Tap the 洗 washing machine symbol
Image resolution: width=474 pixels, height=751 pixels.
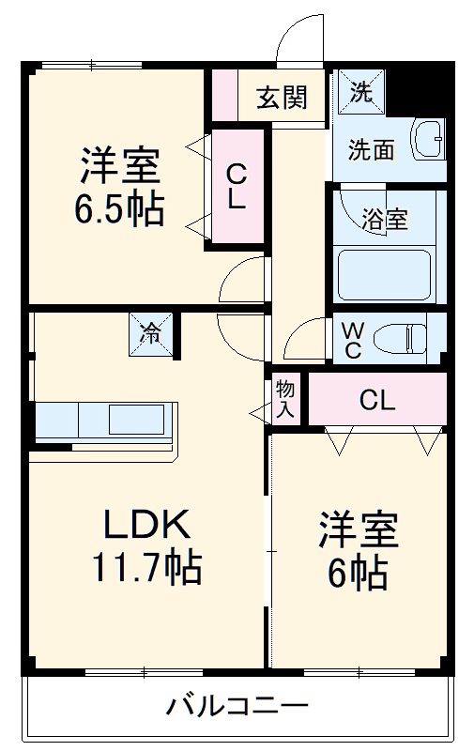[x=359, y=90]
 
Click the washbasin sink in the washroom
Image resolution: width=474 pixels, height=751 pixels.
[x=431, y=140]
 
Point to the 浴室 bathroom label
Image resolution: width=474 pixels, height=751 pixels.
[x=385, y=220]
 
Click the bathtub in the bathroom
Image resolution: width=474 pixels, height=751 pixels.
[x=384, y=274]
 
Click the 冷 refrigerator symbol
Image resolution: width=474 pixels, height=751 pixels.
[x=150, y=332]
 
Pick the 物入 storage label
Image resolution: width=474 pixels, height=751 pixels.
[x=285, y=399]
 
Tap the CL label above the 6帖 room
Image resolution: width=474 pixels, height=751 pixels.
[x=377, y=400]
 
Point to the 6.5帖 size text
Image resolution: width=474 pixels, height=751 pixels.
[x=119, y=208]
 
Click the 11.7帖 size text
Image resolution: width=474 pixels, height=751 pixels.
[x=145, y=567]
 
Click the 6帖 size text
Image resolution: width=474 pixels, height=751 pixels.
[x=358, y=572]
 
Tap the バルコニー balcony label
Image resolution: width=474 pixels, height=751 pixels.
[x=237, y=705]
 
